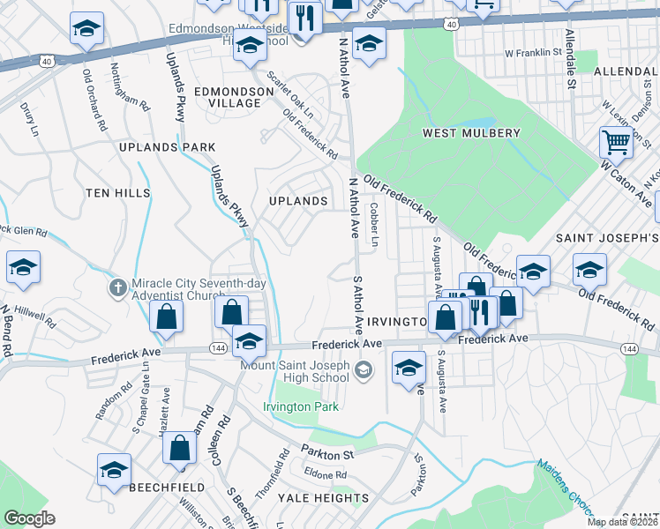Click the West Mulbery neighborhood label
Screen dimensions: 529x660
coord(471,133)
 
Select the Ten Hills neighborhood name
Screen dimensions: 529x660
coord(117,192)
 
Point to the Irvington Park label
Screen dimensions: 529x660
coord(301,407)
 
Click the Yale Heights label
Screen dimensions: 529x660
coord(323,498)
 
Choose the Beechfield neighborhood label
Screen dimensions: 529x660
coord(168,487)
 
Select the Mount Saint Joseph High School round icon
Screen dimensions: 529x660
coord(363,371)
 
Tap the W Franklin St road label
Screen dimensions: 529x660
coord(533,53)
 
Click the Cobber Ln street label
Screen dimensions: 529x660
coord(374,225)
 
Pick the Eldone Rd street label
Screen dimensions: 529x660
coord(327,475)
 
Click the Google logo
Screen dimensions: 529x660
coord(30,518)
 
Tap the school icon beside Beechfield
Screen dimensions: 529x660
coord(114,470)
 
